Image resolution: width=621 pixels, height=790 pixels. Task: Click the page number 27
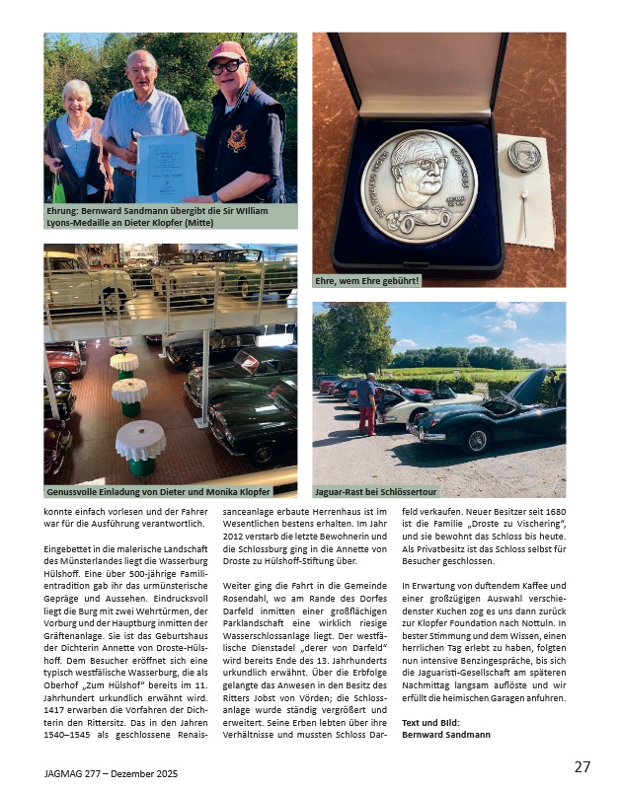pos(582,765)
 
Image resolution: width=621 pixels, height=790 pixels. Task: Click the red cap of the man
pos(227,50)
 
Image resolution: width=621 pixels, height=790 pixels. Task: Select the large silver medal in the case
pos(419,184)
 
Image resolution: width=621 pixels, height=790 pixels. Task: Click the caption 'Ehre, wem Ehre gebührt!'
pos(367,280)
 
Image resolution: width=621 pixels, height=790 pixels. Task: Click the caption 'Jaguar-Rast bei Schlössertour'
pos(375,490)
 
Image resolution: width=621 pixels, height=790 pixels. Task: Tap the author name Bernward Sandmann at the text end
pos(446,734)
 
